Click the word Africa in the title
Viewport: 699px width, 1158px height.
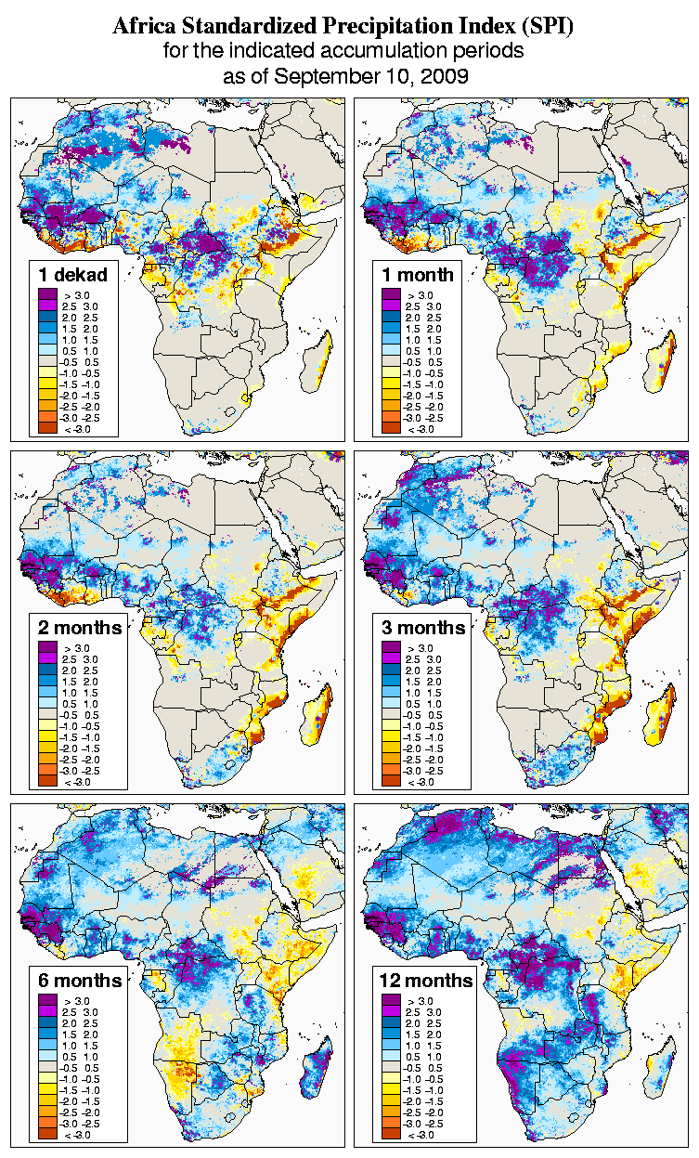coord(145,27)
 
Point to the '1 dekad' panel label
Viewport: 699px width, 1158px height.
coord(73,274)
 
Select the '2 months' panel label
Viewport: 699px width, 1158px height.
coord(80,627)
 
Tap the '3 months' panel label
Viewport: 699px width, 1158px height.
coord(423,627)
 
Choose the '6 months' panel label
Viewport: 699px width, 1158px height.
coord(80,980)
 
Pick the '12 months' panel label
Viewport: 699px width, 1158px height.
coord(426,980)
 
